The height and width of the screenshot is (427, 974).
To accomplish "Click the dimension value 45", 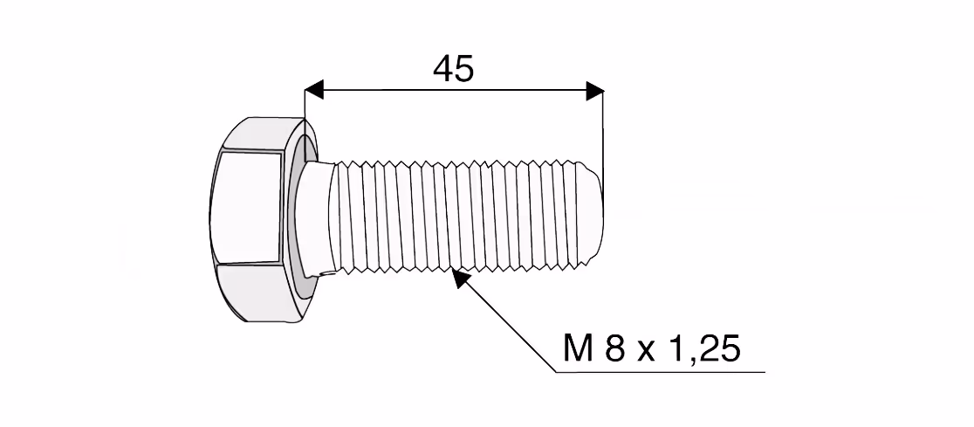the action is pos(454,69).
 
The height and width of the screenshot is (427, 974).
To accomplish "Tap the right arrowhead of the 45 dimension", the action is pos(594,92).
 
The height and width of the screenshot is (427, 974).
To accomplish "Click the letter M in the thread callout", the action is pos(577,348).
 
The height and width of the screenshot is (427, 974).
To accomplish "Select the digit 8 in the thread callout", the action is pos(614,348).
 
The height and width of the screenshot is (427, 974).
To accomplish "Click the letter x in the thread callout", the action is pos(646,353).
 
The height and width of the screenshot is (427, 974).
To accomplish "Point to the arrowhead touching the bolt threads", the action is pos(460,278).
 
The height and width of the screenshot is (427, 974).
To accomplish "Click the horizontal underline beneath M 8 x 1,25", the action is pos(661,372).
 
